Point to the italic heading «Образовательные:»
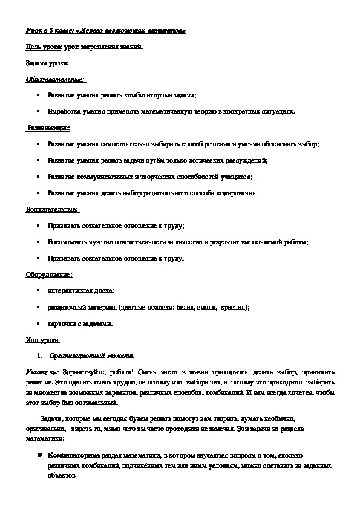(x=55, y=79)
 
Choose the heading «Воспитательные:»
(x=52, y=209)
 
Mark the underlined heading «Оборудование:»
(x=50, y=274)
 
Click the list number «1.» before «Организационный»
(x=39, y=355)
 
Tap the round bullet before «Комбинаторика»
(x=39, y=453)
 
